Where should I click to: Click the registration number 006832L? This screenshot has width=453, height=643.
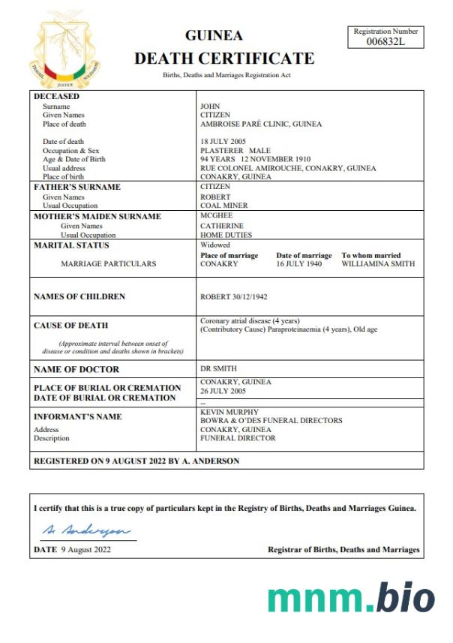385,41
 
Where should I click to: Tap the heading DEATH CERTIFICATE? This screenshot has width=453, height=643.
223,59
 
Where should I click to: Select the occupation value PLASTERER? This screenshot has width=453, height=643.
222,151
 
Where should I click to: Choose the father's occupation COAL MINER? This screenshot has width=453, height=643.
223,206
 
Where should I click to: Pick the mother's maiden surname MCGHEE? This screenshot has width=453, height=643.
217,216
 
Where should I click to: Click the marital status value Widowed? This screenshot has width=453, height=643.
215,245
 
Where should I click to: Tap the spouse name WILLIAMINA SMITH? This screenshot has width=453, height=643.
378,264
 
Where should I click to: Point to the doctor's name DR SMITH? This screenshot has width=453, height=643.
218,368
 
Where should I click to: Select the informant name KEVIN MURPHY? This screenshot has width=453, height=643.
229,412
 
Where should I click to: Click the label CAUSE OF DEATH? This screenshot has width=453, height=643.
71,326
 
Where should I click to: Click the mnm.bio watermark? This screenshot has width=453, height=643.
350,598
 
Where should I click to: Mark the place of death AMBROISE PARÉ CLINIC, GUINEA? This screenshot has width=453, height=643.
261,124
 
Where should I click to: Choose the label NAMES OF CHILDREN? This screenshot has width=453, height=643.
79,297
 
